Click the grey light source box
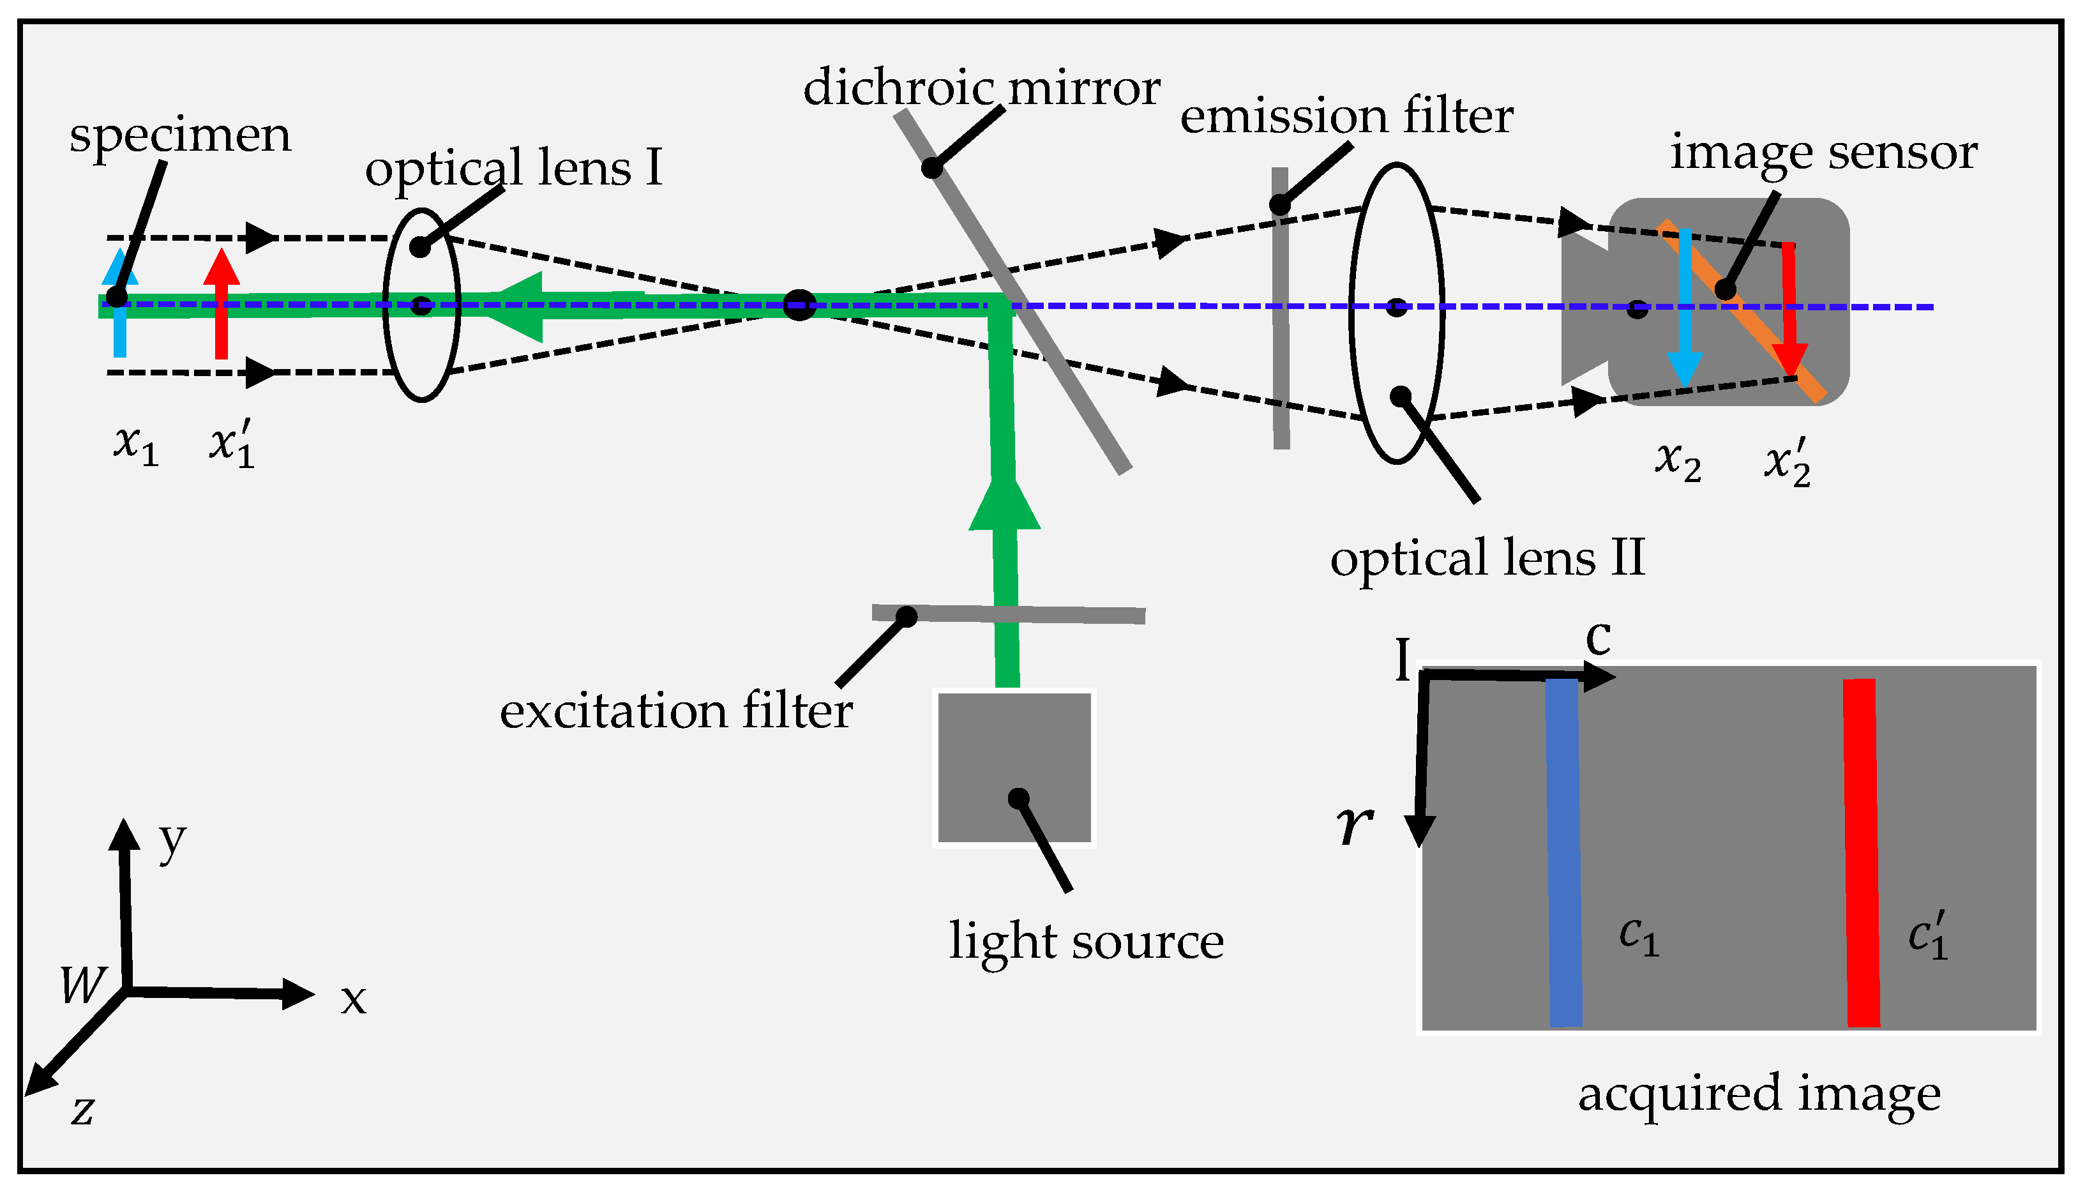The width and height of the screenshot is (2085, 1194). pos(1014,767)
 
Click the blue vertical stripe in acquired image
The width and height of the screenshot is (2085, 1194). pos(1563,853)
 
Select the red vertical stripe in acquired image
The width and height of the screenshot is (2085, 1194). pos(1861,853)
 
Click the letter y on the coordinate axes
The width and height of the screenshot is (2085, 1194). pos(172,840)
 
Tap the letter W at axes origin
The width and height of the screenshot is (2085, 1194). pos(83,984)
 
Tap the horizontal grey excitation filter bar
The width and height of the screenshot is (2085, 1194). pos(1066,614)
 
